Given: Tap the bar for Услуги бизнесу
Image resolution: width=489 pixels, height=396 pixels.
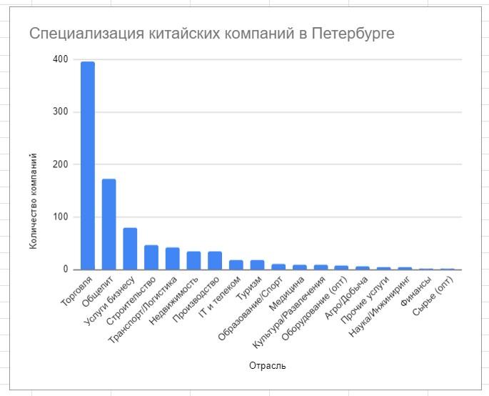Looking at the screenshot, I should [x=130, y=249].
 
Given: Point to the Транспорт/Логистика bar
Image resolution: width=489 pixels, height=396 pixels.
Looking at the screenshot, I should [x=172, y=259].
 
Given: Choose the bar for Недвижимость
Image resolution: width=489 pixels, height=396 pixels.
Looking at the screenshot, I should [x=193, y=261].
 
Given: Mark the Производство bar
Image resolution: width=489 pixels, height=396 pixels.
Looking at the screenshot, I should [x=215, y=261].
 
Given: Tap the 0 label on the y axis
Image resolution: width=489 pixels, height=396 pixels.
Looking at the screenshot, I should [x=65, y=269].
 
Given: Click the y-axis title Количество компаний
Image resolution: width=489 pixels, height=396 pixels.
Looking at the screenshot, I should [x=34, y=201].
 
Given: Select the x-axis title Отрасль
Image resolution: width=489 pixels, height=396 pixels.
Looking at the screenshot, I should [x=268, y=366].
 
